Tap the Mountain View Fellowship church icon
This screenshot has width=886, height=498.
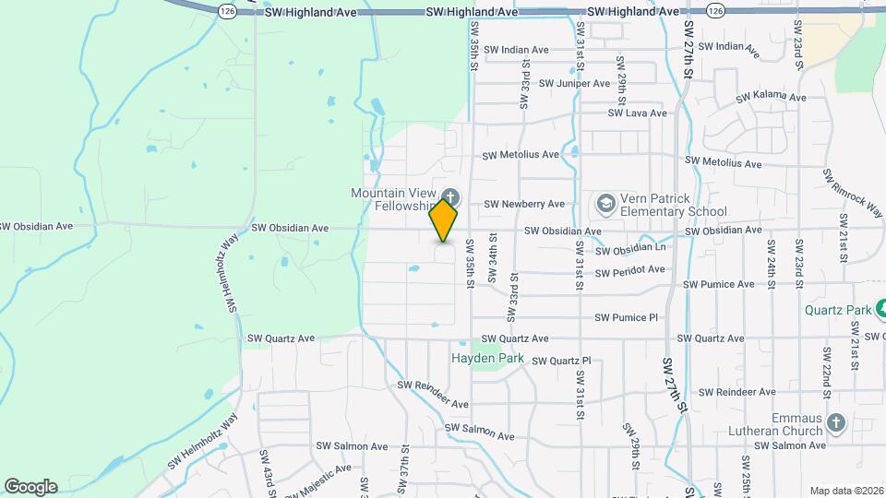click(451, 196)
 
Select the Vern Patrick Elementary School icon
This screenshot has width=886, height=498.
click(606, 202)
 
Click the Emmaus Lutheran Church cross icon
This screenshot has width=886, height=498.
click(836, 421)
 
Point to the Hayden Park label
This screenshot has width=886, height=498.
click(487, 358)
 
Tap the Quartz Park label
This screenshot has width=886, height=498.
click(836, 310)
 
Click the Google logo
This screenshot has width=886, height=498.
click(30, 487)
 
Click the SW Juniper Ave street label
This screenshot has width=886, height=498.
click(574, 83)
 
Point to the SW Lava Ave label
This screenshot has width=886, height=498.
click(637, 113)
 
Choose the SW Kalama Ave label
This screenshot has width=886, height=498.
click(771, 97)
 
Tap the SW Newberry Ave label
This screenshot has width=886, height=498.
click(524, 204)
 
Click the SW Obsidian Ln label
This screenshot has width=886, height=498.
click(630, 250)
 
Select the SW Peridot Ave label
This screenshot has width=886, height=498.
click(629, 270)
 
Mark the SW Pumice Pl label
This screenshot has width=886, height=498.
click(626, 317)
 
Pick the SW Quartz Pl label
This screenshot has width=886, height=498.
click(562, 361)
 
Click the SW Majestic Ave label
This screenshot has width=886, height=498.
click(318, 474)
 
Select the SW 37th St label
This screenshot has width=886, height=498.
click(404, 470)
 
